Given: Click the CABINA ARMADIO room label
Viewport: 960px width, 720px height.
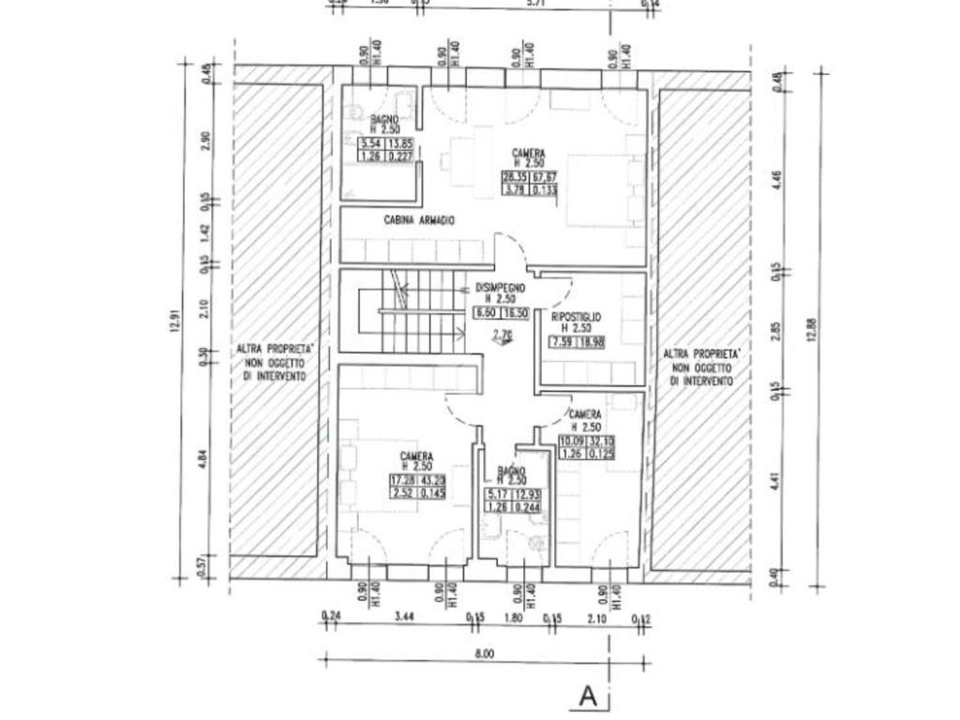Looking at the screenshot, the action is (x=419, y=220).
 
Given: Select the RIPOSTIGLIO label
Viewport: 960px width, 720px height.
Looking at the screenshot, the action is (x=577, y=318).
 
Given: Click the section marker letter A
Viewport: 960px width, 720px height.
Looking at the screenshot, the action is (x=588, y=696).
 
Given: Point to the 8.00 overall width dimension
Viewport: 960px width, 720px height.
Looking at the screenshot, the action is (x=484, y=653).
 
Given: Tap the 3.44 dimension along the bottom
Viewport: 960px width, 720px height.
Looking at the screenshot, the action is (x=405, y=616).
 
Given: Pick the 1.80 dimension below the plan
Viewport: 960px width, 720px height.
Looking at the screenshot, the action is (x=513, y=616).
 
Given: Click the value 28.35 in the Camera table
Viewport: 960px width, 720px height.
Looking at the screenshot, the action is (x=515, y=177).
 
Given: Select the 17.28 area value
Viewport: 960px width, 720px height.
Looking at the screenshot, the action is (x=402, y=480).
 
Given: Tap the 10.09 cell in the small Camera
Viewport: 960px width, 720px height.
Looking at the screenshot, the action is (x=571, y=442).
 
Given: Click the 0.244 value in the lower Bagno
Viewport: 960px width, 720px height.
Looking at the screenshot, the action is (x=538, y=507).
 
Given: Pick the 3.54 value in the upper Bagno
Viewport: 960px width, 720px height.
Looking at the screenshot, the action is (x=371, y=143).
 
